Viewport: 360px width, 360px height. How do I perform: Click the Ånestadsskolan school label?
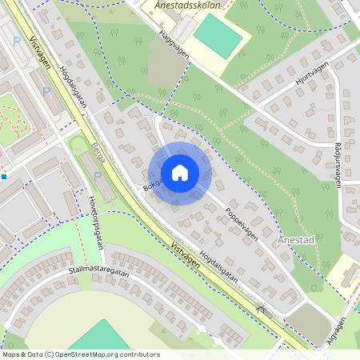tap(186, 5)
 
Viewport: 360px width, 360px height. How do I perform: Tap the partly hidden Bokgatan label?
tap(150, 184)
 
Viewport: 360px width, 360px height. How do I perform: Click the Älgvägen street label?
tap(337, 330)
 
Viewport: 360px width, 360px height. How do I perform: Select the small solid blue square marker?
tap(4, 176)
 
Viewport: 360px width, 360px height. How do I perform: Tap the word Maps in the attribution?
tap(12, 354)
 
